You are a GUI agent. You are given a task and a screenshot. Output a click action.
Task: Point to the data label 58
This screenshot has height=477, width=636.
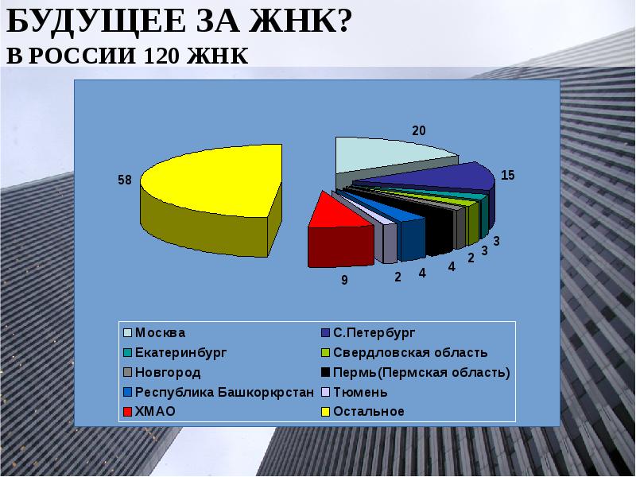tap(124, 180)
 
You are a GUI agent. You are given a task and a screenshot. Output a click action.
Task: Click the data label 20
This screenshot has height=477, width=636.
tap(418, 130)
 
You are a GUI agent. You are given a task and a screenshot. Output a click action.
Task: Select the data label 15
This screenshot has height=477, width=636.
tap(507, 176)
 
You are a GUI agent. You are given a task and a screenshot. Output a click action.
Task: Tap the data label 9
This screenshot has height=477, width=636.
tap(345, 279)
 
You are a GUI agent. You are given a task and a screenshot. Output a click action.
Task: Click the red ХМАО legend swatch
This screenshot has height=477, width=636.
tap(127, 412)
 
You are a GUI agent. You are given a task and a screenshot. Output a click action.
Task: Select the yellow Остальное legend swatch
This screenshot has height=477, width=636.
tap(326, 412)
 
